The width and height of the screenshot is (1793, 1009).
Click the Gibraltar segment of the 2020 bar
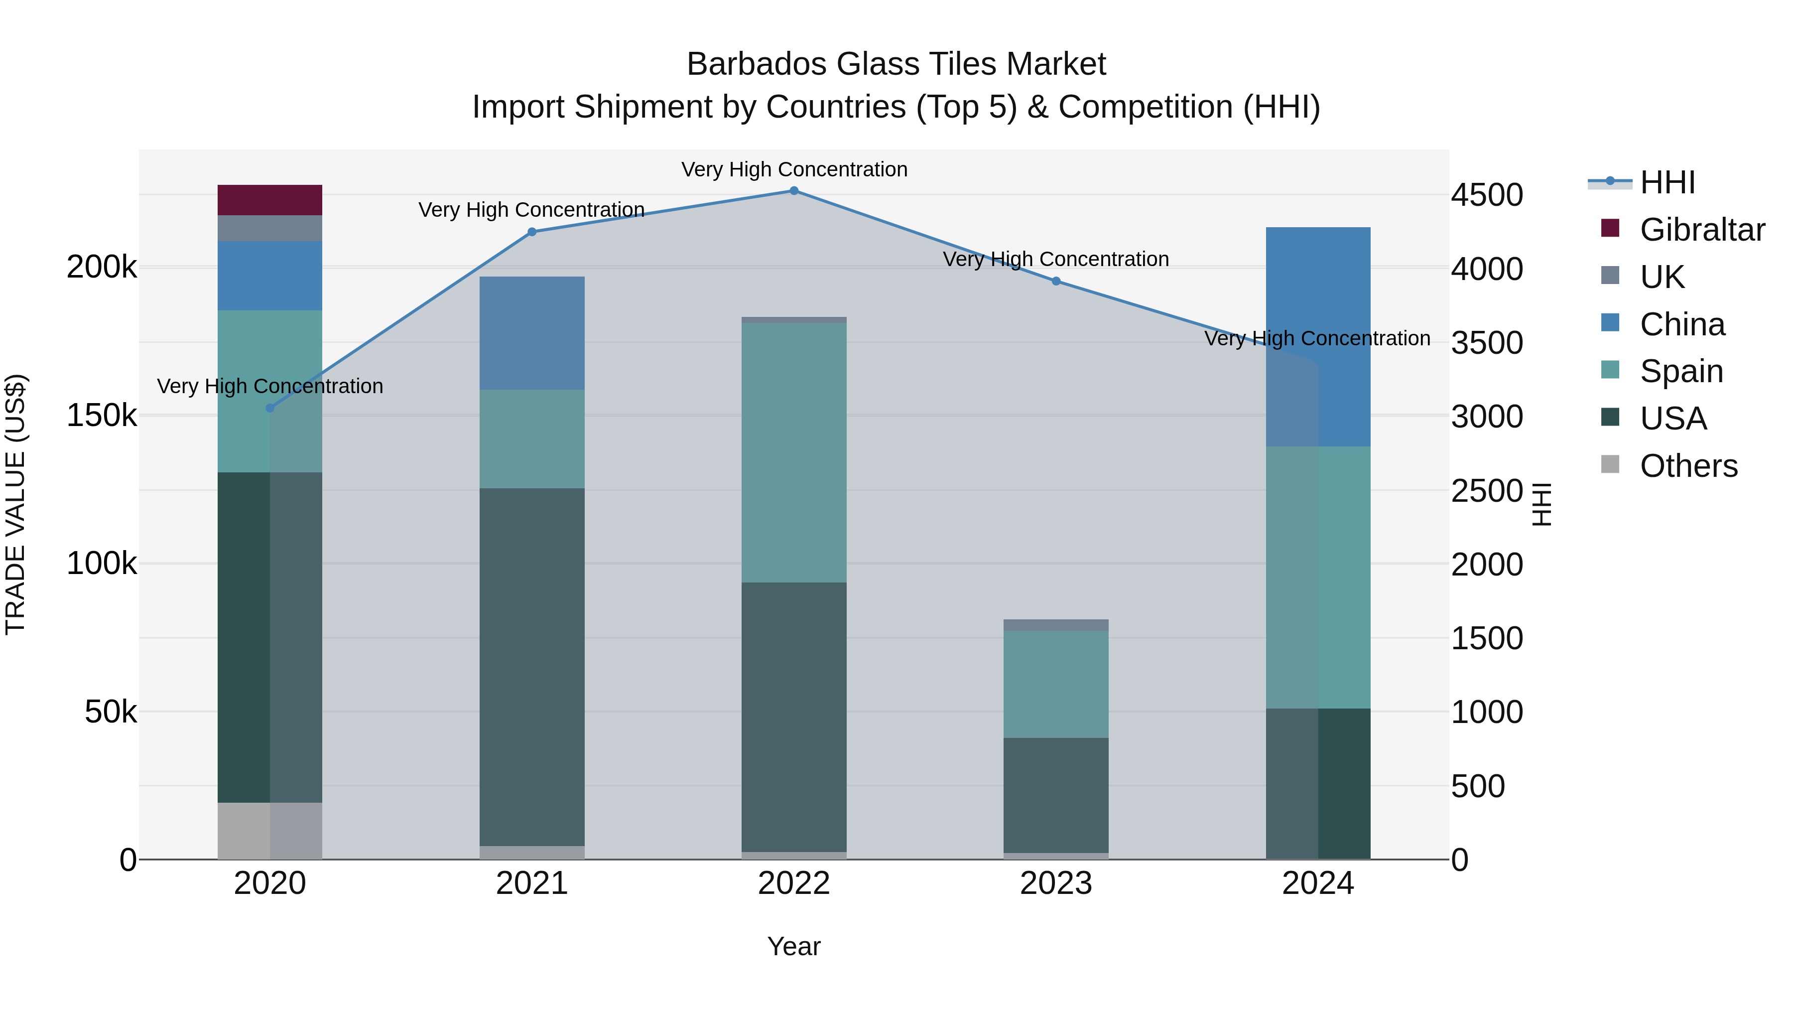(269, 200)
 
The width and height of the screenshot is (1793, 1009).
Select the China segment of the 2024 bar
(1317, 336)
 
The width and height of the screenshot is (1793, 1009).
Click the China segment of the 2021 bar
(532, 333)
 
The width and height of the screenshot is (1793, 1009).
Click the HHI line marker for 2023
(1056, 282)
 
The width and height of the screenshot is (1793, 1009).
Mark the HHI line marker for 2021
(532, 232)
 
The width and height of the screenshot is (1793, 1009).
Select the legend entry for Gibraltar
(1702, 230)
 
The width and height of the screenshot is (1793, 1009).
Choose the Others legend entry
(1688, 466)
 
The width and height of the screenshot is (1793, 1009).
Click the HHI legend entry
(1667, 182)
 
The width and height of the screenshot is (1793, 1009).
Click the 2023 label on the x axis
(1056, 883)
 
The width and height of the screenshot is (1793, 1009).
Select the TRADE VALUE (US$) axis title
(15, 504)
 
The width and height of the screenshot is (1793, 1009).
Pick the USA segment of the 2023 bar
(1056, 795)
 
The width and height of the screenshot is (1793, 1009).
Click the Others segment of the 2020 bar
(269, 830)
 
